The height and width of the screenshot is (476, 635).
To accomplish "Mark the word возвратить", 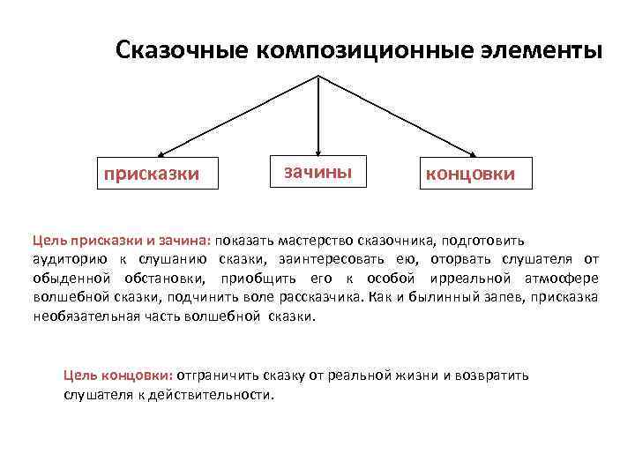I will point(495,376).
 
